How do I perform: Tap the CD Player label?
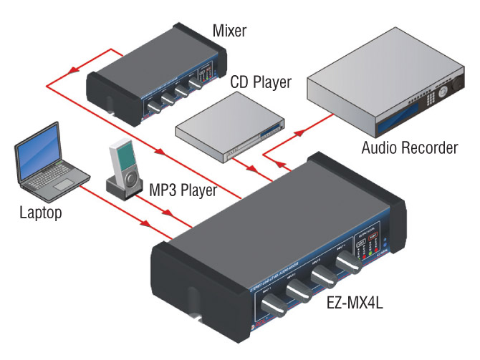coord(261,83)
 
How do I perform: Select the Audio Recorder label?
coord(409,148)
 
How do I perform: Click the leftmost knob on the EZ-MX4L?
coord(273,310)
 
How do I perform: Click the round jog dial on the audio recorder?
coord(447,91)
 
